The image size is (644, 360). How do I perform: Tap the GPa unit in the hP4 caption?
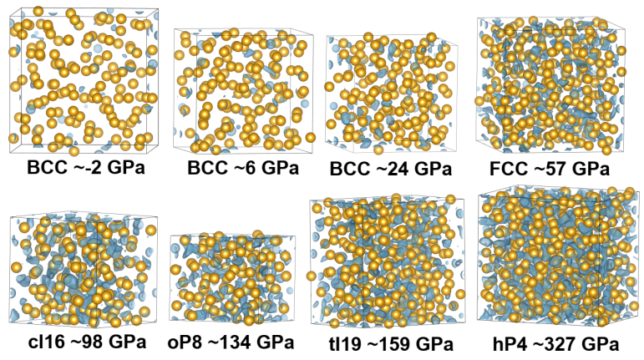click(601, 344)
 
